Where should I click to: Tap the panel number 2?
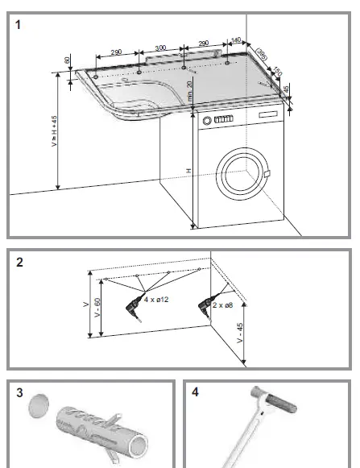click(19, 263)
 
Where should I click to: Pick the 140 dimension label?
click(236, 40)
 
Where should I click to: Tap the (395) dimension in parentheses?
click(262, 53)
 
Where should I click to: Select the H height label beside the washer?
click(188, 171)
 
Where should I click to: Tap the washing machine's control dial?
click(209, 121)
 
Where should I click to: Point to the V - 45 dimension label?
click(240, 333)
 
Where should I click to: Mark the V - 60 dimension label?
click(97, 311)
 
